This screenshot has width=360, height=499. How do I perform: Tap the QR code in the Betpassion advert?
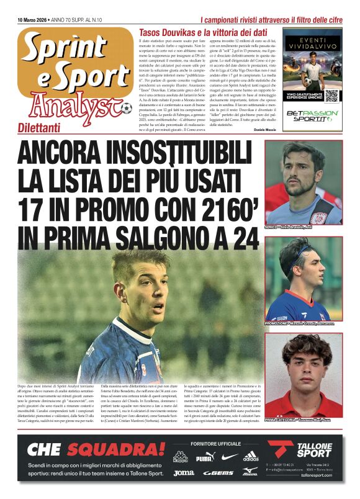click(315, 95)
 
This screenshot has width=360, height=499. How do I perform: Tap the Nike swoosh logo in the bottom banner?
click(229, 457)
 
